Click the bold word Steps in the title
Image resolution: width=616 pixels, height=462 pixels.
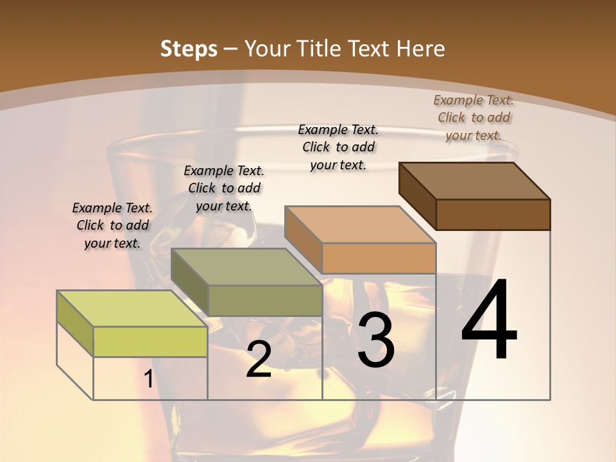tap(189, 49)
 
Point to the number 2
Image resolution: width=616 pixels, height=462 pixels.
tap(259, 359)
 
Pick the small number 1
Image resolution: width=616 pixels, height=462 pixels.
tap(148, 379)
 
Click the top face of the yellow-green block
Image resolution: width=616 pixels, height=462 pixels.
tap(132, 309)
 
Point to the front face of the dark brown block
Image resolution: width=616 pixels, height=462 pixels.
tap(493, 214)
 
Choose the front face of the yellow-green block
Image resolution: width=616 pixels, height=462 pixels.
tap(150, 341)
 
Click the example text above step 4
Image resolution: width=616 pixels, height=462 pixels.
tap(474, 117)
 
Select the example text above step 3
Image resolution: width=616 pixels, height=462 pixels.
tap(338, 147)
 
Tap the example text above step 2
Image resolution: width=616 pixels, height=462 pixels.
tap(224, 188)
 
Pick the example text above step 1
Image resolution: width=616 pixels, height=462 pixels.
tap(112, 225)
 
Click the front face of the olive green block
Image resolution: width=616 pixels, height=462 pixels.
tap(265, 300)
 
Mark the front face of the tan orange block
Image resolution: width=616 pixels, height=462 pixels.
tap(379, 258)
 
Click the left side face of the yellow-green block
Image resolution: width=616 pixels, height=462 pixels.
tap(75, 323)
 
